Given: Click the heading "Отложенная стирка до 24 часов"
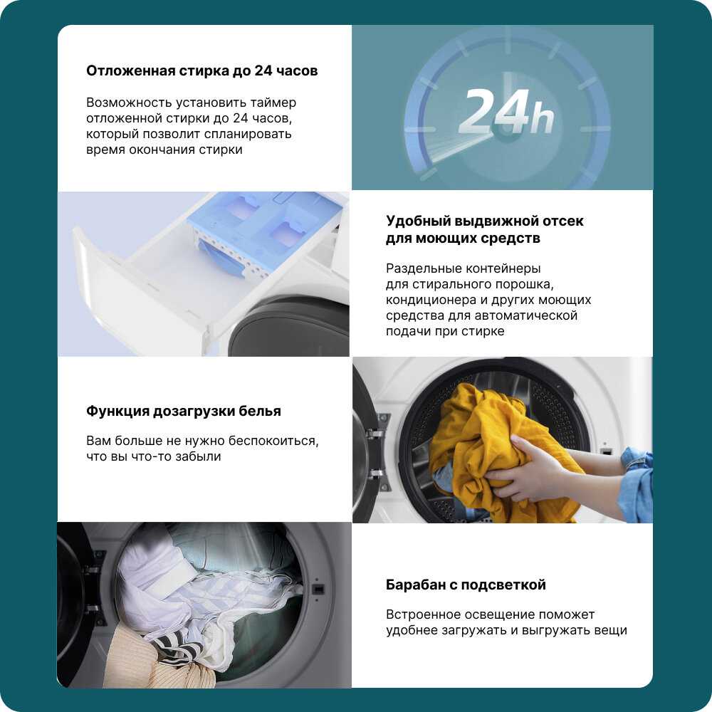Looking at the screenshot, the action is (202, 70).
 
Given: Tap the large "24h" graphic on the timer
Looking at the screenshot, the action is (506, 111).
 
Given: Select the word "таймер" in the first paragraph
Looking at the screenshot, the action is (274, 103).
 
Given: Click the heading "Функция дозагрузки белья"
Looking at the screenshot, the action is (184, 411).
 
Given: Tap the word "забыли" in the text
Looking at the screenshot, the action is (199, 456).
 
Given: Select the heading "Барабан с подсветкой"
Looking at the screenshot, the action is (466, 585).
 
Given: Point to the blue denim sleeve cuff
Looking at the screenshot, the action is (639, 481).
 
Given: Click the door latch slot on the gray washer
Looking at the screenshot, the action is (318, 590).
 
